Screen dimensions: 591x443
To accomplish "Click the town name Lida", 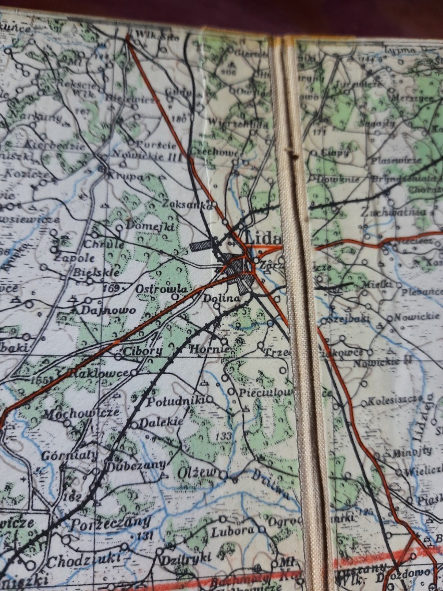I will click(263, 238).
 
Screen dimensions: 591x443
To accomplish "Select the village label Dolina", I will click(220, 298).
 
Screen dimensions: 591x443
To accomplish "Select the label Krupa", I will click(124, 177).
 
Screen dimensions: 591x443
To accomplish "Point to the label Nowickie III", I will click(147, 155).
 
